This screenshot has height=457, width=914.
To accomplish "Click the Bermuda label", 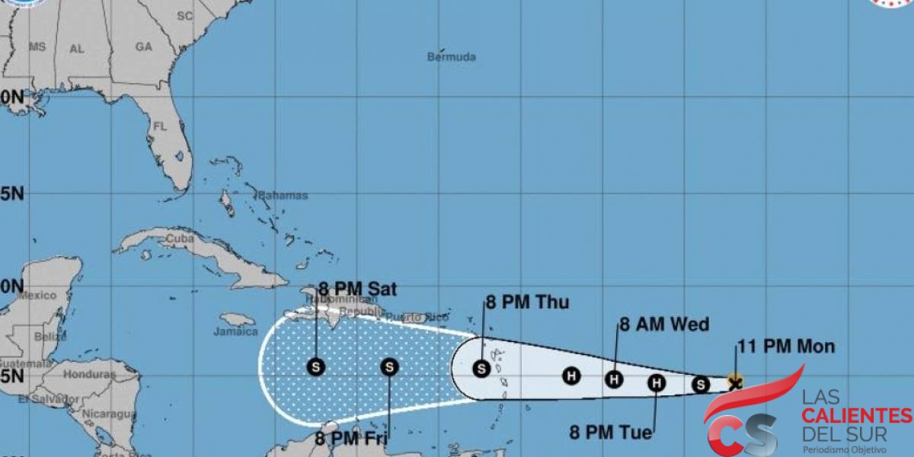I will coord(451,56).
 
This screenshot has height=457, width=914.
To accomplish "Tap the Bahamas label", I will coord(283,196).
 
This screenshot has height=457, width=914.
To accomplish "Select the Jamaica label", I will coord(235,332).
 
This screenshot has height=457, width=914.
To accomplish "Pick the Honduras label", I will coord(89,374).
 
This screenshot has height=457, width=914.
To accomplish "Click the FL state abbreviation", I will coord(160,126).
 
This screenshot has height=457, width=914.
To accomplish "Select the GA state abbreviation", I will coord(144,46).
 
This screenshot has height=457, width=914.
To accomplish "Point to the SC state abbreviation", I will coord(184,15).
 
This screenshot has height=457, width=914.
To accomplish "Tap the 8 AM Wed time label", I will coord(663,324).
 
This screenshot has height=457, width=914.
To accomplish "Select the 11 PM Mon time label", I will coord(785,347).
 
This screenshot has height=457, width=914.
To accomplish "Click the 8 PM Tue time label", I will coord(611,433).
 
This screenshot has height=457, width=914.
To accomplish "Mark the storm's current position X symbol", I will coord(734,382).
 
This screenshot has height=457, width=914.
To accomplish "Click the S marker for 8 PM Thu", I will coord(481,369).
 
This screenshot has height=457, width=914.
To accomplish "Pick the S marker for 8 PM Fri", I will coord(389,367).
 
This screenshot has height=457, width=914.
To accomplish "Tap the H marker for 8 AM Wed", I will coord(615,379).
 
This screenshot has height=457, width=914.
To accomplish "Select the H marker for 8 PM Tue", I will coord(657,383).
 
